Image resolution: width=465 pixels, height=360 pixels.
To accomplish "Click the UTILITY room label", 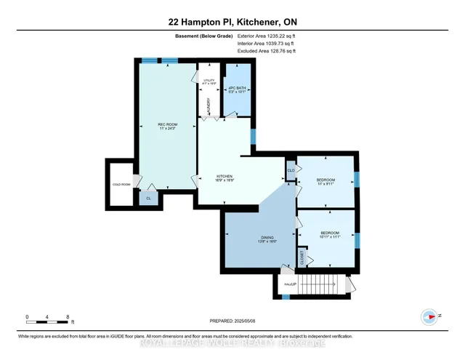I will point(209,81).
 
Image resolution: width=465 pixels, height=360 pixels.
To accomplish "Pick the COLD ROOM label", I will point(121,184).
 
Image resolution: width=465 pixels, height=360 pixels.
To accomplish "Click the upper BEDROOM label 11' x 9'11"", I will point(325,181).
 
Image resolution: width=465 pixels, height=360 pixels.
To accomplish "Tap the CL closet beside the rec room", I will point(149,198).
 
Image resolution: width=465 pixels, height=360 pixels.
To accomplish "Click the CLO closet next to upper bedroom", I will point(291,171).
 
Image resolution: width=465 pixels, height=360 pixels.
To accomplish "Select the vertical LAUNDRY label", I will point(210,106).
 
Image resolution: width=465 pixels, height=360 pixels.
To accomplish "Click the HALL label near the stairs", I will point(288,284).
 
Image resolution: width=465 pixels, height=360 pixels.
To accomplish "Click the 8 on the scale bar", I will point(68,317).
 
